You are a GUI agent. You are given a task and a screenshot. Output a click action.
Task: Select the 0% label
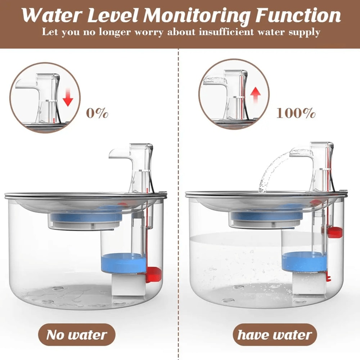pos(97,113)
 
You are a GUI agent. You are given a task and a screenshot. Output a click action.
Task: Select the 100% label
pos(296,113)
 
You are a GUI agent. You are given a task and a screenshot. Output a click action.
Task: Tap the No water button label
pos(77,335)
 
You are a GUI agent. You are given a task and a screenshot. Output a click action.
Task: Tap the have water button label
pos(275,335)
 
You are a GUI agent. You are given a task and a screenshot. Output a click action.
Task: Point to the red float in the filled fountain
pos(334,232)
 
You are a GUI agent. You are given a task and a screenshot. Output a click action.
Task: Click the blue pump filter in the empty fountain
pos(123,263)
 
